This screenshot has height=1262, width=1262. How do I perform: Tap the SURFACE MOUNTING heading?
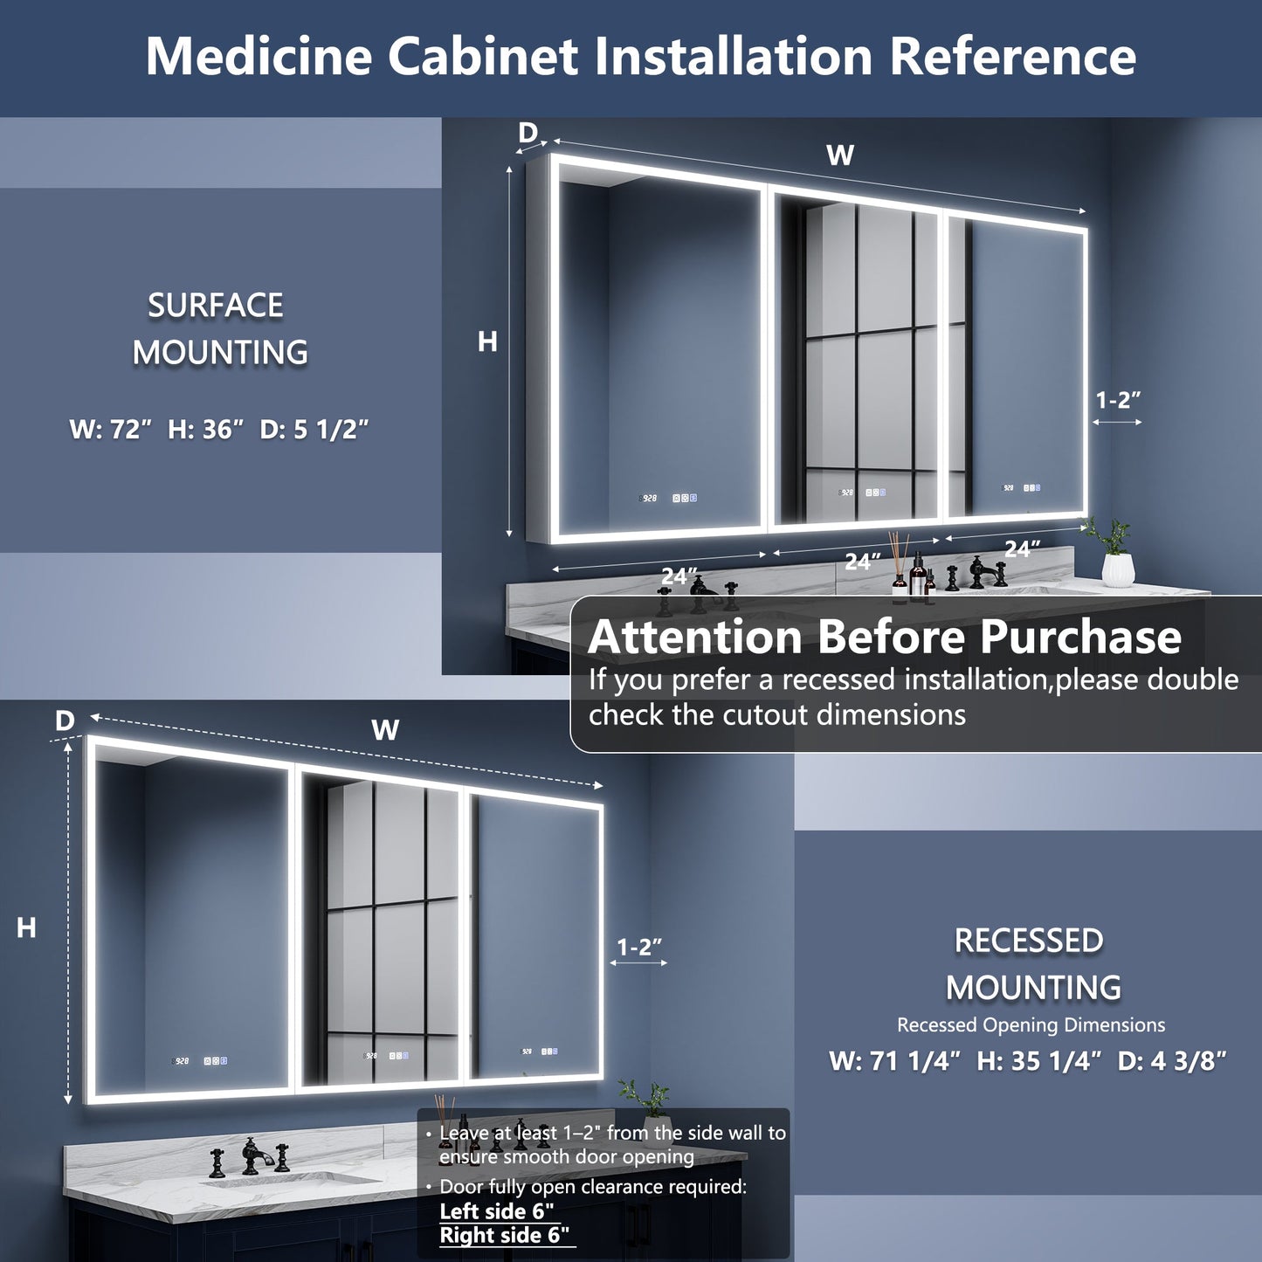coord(218,329)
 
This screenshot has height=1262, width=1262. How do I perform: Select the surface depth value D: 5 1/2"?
coord(314,430)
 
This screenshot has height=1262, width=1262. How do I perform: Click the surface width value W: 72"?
coord(111,430)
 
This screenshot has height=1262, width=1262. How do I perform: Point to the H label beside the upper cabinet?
coord(487,342)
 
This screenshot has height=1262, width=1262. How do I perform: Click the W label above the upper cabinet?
coord(839,155)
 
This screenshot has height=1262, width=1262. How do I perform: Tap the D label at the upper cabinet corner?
coord(528,133)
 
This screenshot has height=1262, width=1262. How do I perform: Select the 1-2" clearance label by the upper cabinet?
coord(1118,400)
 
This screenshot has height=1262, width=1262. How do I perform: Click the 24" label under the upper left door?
coord(679,576)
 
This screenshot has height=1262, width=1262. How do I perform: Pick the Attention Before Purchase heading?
coord(884,637)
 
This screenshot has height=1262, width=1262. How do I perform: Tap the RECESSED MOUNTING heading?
coord(1031,964)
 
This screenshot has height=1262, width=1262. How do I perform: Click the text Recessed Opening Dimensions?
coord(1031,1025)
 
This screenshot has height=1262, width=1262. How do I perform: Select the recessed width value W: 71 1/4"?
coord(894,1061)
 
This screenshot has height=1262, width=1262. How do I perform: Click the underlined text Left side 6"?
coord(497,1211)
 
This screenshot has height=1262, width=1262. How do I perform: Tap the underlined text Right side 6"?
coord(504,1236)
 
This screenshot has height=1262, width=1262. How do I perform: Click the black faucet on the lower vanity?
coord(253,1156)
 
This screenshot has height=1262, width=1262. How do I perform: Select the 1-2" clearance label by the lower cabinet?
coord(639,947)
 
